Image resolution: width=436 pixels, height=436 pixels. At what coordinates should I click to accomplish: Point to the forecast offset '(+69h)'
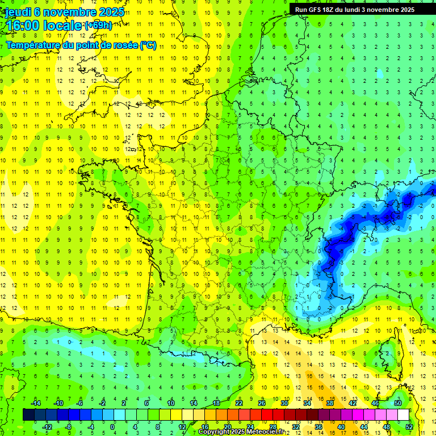pos(98,25)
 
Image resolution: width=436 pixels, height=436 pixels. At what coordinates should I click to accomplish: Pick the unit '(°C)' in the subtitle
pos(148,45)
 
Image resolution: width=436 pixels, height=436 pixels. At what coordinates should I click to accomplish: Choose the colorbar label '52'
pos(409,427)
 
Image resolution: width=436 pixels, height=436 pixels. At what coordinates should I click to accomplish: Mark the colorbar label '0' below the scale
pos(112,427)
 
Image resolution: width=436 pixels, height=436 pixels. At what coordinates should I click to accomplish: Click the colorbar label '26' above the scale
pos(262,403)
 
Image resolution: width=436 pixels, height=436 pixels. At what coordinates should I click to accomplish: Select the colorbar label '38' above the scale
pos(330,403)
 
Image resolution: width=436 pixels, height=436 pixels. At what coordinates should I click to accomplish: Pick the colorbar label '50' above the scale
pos(398,403)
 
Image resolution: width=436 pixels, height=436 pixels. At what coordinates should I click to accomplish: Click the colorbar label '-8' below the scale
pos(69,427)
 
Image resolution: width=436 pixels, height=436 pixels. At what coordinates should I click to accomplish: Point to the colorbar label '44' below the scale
pos(364,427)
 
